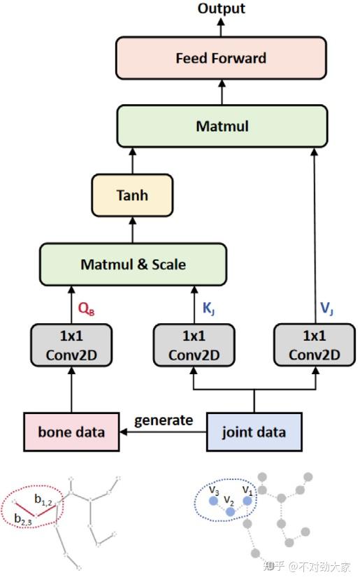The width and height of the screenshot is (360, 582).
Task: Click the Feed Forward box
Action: click(221, 57)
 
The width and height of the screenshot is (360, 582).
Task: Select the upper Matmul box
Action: click(222, 127)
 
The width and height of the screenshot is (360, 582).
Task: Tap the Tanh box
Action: click(131, 194)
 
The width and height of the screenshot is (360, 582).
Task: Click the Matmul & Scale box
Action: click(133, 264)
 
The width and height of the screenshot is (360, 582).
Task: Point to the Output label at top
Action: click(221, 8)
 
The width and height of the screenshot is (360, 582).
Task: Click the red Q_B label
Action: click(86, 308)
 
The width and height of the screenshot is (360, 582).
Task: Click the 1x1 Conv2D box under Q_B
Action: click(71, 345)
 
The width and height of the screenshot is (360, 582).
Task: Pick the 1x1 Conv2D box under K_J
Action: click(193, 345)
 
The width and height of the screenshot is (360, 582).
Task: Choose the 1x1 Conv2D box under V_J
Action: click(314, 345)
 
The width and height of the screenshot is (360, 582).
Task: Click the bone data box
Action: click(71, 432)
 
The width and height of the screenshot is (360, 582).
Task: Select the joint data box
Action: click(254, 432)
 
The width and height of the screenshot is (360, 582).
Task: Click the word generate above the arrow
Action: click(164, 420)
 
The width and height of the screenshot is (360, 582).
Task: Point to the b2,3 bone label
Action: click(22, 518)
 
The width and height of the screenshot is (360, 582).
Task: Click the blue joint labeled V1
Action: click(247, 500)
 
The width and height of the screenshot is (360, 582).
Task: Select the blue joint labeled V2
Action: click(231, 512)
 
